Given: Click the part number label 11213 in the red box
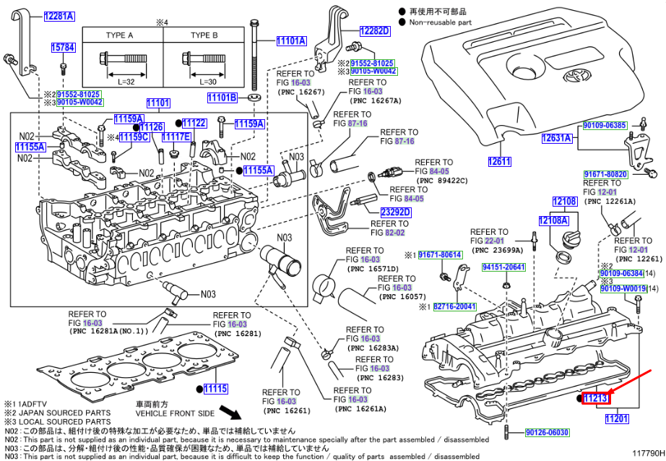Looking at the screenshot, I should [597, 398].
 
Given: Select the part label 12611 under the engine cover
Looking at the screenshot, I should [499, 162].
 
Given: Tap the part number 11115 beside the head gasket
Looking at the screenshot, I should [215, 389].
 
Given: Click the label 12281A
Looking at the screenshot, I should [59, 15].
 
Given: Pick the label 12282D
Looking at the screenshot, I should [375, 30].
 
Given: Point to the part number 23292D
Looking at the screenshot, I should [396, 212].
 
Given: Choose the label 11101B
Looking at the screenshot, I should [222, 98].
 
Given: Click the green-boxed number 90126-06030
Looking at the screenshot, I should [547, 433].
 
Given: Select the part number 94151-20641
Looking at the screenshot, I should [503, 267].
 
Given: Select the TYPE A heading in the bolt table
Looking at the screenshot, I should [120, 35].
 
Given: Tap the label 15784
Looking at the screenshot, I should [63, 48].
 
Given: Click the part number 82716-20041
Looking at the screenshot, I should [454, 306].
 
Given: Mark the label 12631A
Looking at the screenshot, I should [558, 138].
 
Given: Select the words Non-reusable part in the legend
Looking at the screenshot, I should [440, 22].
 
